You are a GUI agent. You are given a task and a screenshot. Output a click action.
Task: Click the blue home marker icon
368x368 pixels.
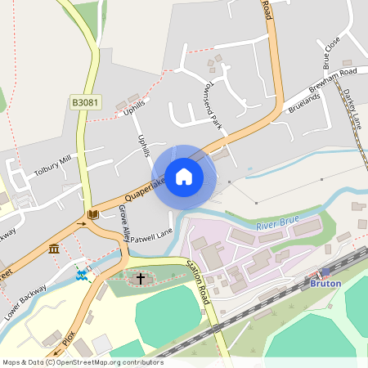point(184,177)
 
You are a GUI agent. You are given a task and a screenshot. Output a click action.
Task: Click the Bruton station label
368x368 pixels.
point(325,283)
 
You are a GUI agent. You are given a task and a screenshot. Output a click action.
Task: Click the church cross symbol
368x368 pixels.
point(140,279)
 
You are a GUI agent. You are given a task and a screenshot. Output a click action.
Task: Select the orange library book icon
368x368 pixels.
point(93,214)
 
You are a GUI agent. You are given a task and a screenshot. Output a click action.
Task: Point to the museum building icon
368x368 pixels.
point(54,248)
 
